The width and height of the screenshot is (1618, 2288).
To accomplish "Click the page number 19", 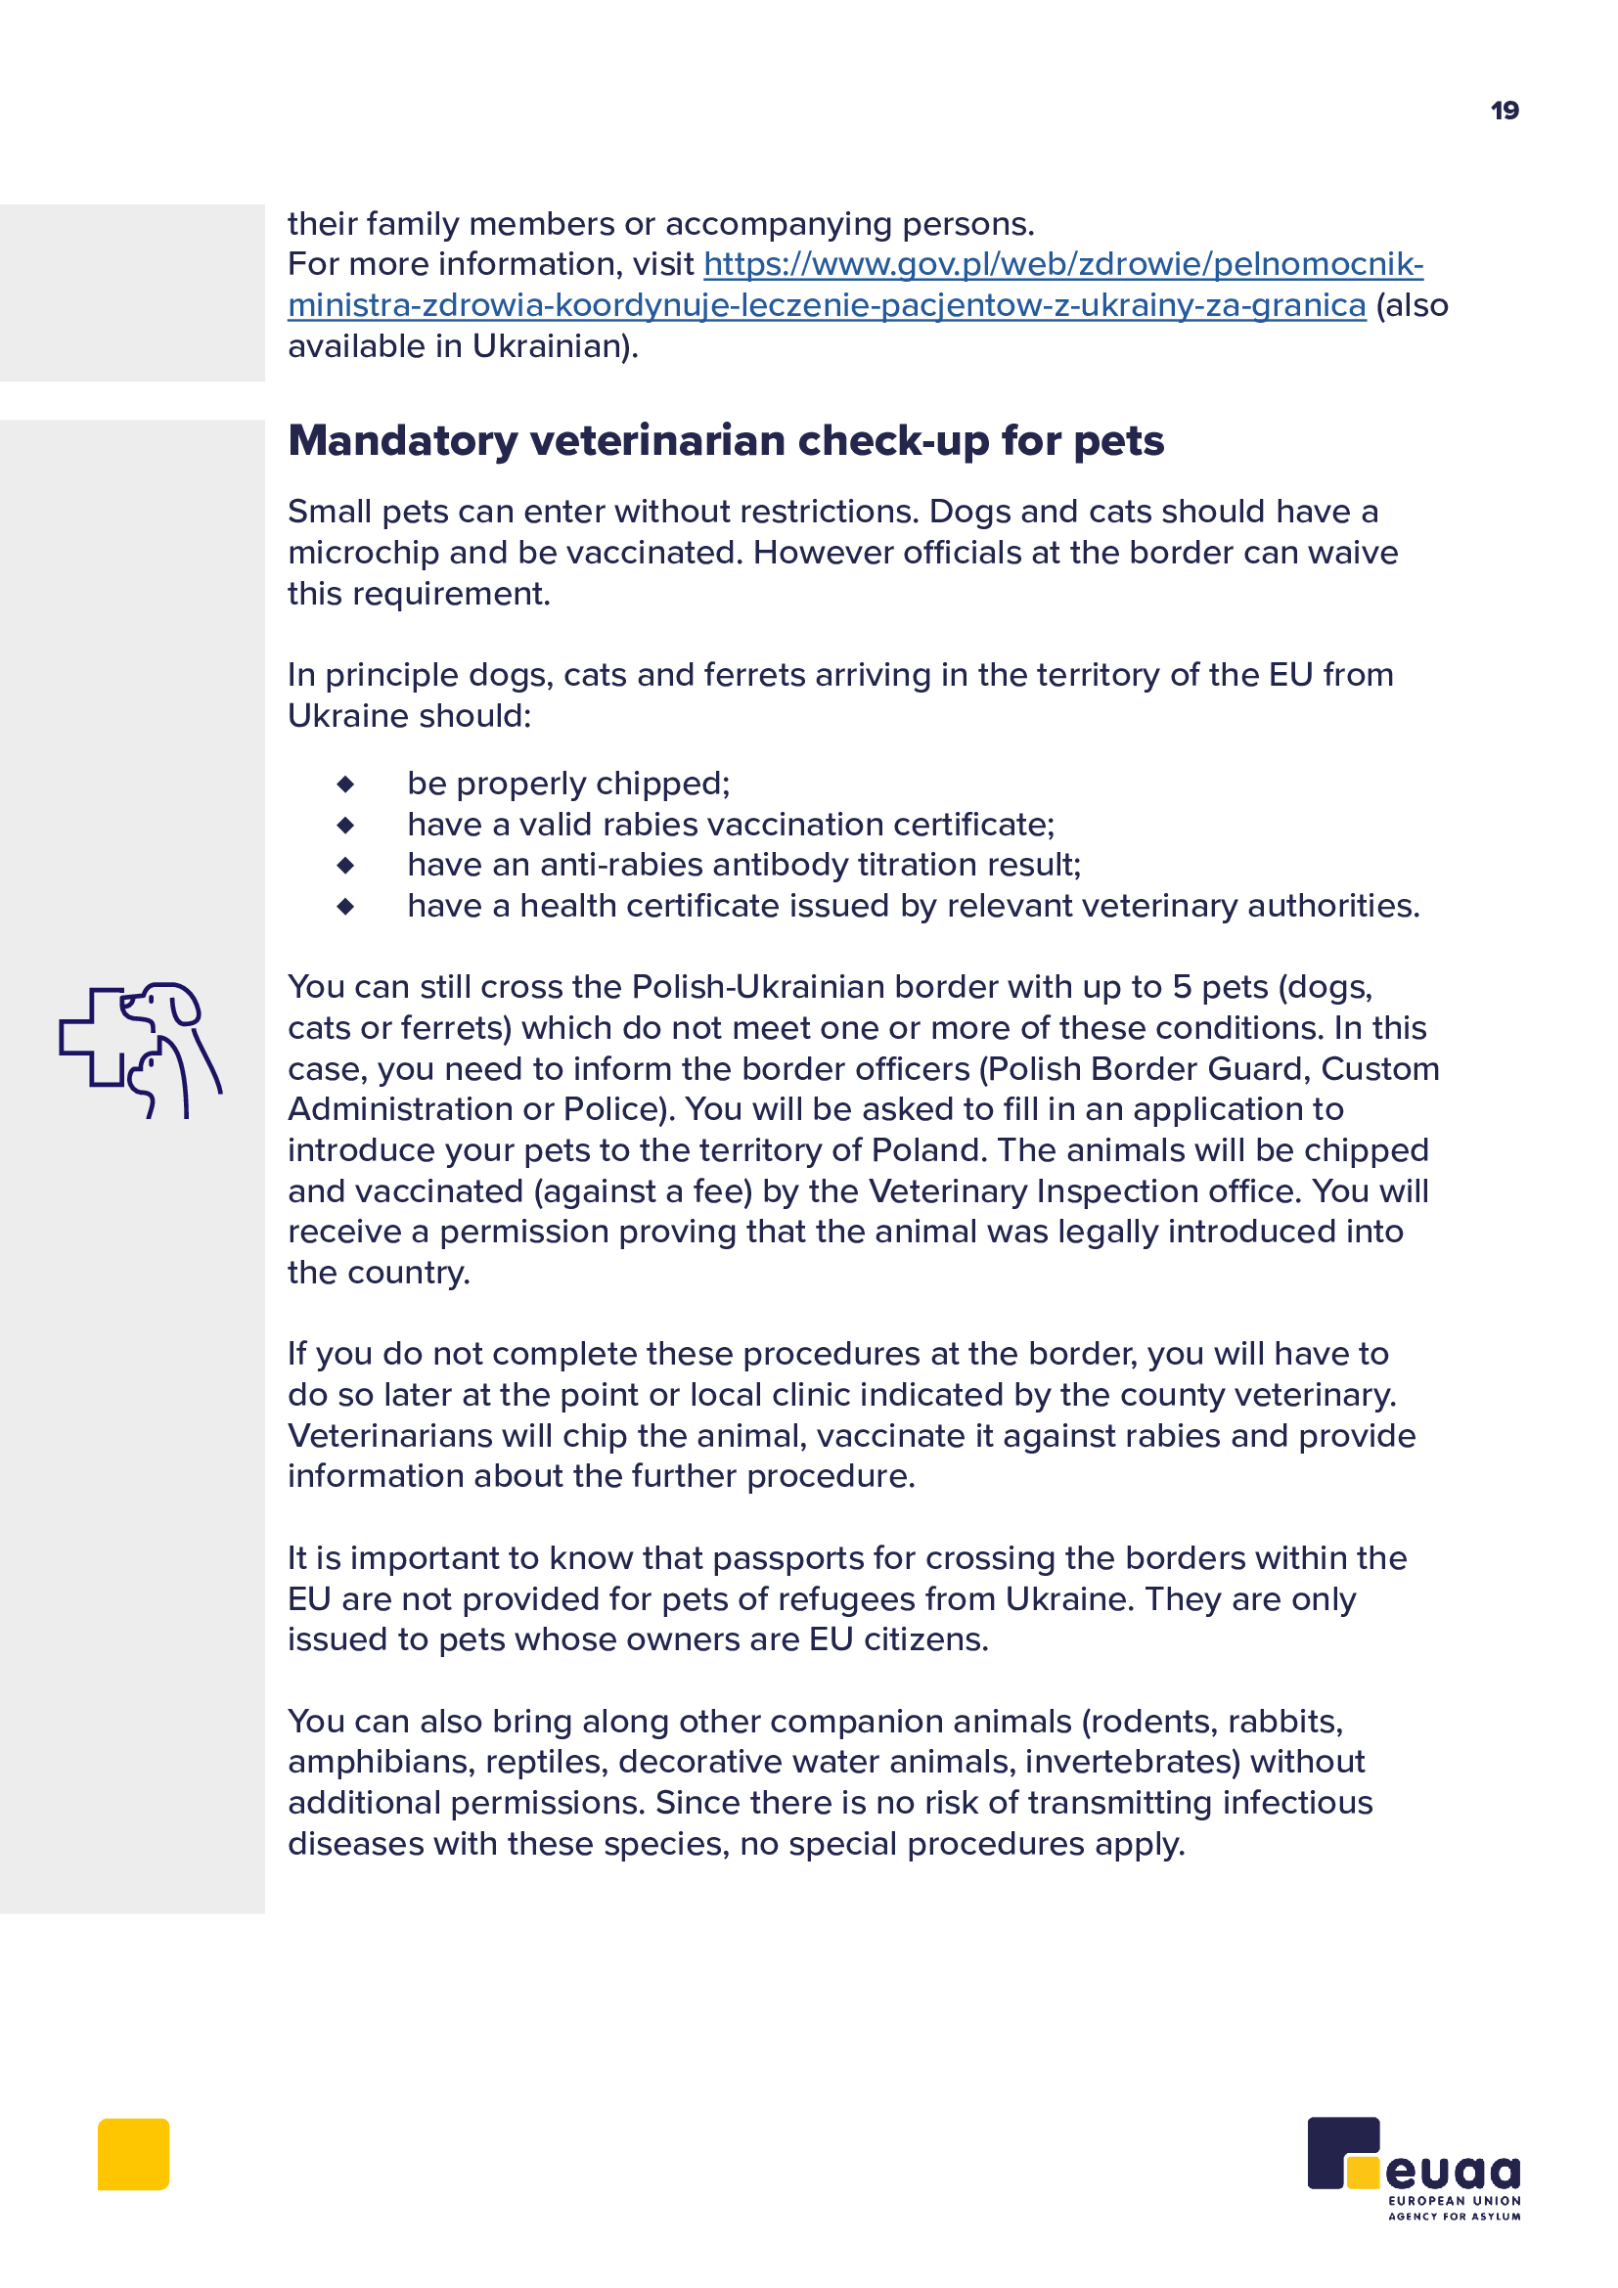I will coord(1504,111).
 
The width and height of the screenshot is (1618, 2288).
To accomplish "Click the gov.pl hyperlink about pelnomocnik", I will coord(1063,264).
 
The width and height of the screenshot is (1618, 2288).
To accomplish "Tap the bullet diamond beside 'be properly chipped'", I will coord(345,785).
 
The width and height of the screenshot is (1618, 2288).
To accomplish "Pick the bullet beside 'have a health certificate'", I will coord(345,907).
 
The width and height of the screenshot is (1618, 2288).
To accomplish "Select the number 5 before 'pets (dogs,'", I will coord(1182,988).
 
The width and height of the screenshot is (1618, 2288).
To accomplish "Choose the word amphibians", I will coord(382,1763).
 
